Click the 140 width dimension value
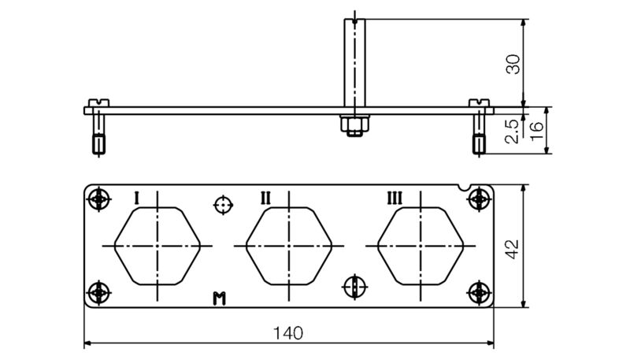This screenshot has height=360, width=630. point(289,332)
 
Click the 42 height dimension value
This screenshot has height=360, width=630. point(512,248)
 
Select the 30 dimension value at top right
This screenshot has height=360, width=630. point(513,64)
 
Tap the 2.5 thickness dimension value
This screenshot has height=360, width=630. point(513,131)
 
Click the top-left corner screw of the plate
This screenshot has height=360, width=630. point(98,201)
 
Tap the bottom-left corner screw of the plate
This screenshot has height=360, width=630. point(98,292)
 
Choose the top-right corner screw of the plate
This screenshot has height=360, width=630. point(479,201)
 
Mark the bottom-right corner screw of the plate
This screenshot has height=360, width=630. point(479,292)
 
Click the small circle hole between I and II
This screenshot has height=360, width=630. point(224,206)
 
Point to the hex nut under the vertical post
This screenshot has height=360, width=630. point(352,125)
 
